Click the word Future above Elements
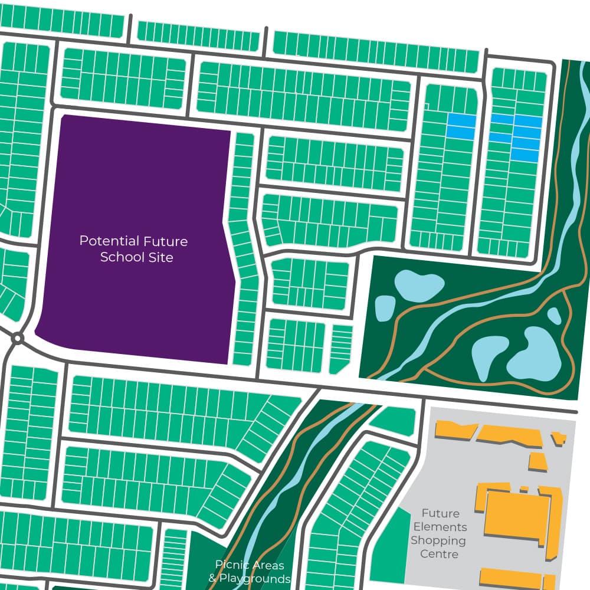(x=440, y=513)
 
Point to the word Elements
(x=440, y=527)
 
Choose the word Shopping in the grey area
(x=438, y=540)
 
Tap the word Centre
(x=439, y=554)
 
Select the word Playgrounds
(x=255, y=578)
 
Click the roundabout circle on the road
(x=18, y=339)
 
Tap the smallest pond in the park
(x=554, y=316)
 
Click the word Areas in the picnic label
(x=268, y=564)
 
